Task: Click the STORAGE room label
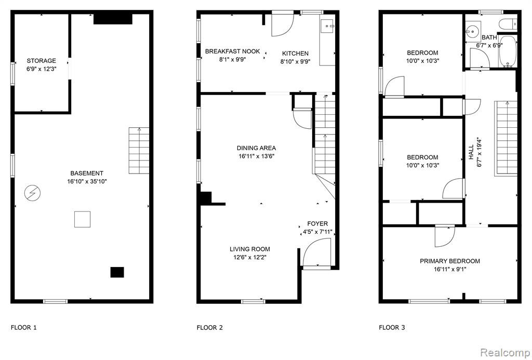point(42,61)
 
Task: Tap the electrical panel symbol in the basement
point(32,193)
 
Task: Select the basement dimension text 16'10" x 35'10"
point(87,181)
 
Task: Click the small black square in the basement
point(117,272)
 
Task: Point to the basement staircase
point(139,151)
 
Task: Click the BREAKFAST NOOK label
point(232,51)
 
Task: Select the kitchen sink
point(328,26)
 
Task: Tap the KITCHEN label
point(295,54)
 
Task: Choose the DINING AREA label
point(256,148)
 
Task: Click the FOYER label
point(317,223)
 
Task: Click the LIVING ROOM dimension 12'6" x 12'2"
point(250,258)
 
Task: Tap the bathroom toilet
point(508,24)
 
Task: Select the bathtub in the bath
point(508,52)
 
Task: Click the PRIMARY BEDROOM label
point(450,261)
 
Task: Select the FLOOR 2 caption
point(210,327)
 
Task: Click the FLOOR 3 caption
point(392,327)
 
